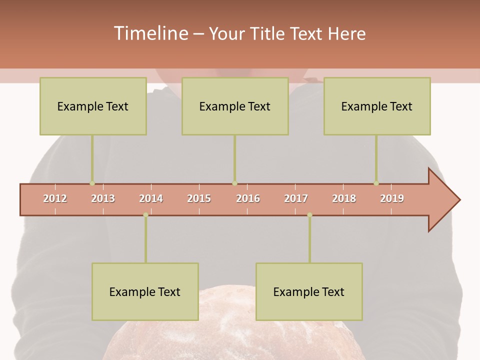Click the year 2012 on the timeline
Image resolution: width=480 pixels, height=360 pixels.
[x=55, y=198]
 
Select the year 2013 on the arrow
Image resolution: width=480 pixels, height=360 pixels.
[x=103, y=198]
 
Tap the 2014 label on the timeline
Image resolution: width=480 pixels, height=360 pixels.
[x=151, y=198]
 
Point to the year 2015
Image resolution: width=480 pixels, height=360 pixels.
[x=199, y=198]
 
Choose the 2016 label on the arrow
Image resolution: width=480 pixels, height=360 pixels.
[x=248, y=198]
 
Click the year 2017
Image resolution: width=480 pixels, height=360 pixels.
[x=296, y=198]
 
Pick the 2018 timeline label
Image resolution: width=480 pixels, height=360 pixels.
[x=344, y=198]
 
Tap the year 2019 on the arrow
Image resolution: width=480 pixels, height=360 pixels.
[x=392, y=198]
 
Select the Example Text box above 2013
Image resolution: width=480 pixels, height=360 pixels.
[x=93, y=106]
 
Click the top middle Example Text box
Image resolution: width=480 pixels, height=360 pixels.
[x=235, y=106]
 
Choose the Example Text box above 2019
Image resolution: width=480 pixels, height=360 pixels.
[x=377, y=106]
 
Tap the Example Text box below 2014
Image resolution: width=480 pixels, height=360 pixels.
[x=145, y=291]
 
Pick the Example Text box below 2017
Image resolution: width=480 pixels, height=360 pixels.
[x=309, y=291]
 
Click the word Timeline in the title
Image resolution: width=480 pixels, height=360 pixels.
[x=150, y=33]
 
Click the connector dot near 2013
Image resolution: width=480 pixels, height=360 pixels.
[x=92, y=183]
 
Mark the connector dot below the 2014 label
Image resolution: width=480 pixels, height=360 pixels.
[x=145, y=215]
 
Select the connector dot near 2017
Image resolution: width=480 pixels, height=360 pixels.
[x=309, y=215]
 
